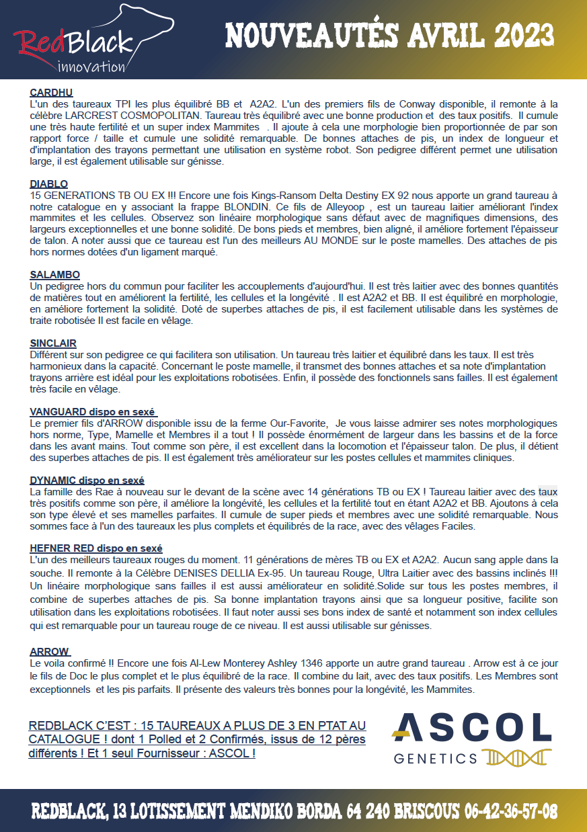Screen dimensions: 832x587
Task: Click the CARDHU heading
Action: point(51,93)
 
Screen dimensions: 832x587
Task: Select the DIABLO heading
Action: point(48,184)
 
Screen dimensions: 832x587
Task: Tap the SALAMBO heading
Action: point(55,275)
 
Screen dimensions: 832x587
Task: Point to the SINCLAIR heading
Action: point(53,343)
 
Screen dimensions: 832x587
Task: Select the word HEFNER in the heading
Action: point(50,549)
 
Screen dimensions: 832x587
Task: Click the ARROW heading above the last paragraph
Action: point(49,651)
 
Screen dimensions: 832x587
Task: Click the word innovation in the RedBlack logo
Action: point(91,67)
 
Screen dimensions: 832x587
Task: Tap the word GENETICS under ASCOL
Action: point(435,759)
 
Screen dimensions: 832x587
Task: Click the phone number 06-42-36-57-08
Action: point(510,811)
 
